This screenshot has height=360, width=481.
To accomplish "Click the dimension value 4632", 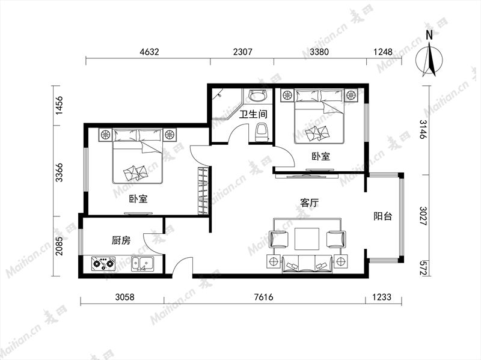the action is [149, 52].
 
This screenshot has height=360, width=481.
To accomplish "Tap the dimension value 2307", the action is [243, 52].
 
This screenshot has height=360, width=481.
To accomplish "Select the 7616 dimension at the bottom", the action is [264, 297].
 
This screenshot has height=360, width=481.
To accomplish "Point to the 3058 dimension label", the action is [124, 297].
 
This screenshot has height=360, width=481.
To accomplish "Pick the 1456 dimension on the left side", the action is [59, 105].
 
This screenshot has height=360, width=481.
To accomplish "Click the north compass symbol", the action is [429, 60].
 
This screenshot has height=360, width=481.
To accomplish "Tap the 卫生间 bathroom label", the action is [253, 114].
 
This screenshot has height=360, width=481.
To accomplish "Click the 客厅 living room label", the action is [310, 203].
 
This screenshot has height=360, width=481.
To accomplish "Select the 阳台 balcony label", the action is [383, 216].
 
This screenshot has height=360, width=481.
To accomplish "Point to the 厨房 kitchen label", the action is [121, 240].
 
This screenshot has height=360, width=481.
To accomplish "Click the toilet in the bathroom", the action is [262, 132].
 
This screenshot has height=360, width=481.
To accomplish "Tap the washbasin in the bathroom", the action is [257, 96].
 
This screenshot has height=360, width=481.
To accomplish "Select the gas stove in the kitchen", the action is [103, 263].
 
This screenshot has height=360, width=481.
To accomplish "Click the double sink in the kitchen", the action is [143, 264].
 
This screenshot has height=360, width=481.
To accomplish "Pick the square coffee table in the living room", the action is [307, 239].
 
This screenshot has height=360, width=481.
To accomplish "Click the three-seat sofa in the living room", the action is [307, 264].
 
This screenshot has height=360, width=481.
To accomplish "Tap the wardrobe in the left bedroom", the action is [203, 191].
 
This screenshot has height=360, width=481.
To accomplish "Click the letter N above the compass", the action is [429, 35].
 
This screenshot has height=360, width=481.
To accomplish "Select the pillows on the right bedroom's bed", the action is [319, 96].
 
